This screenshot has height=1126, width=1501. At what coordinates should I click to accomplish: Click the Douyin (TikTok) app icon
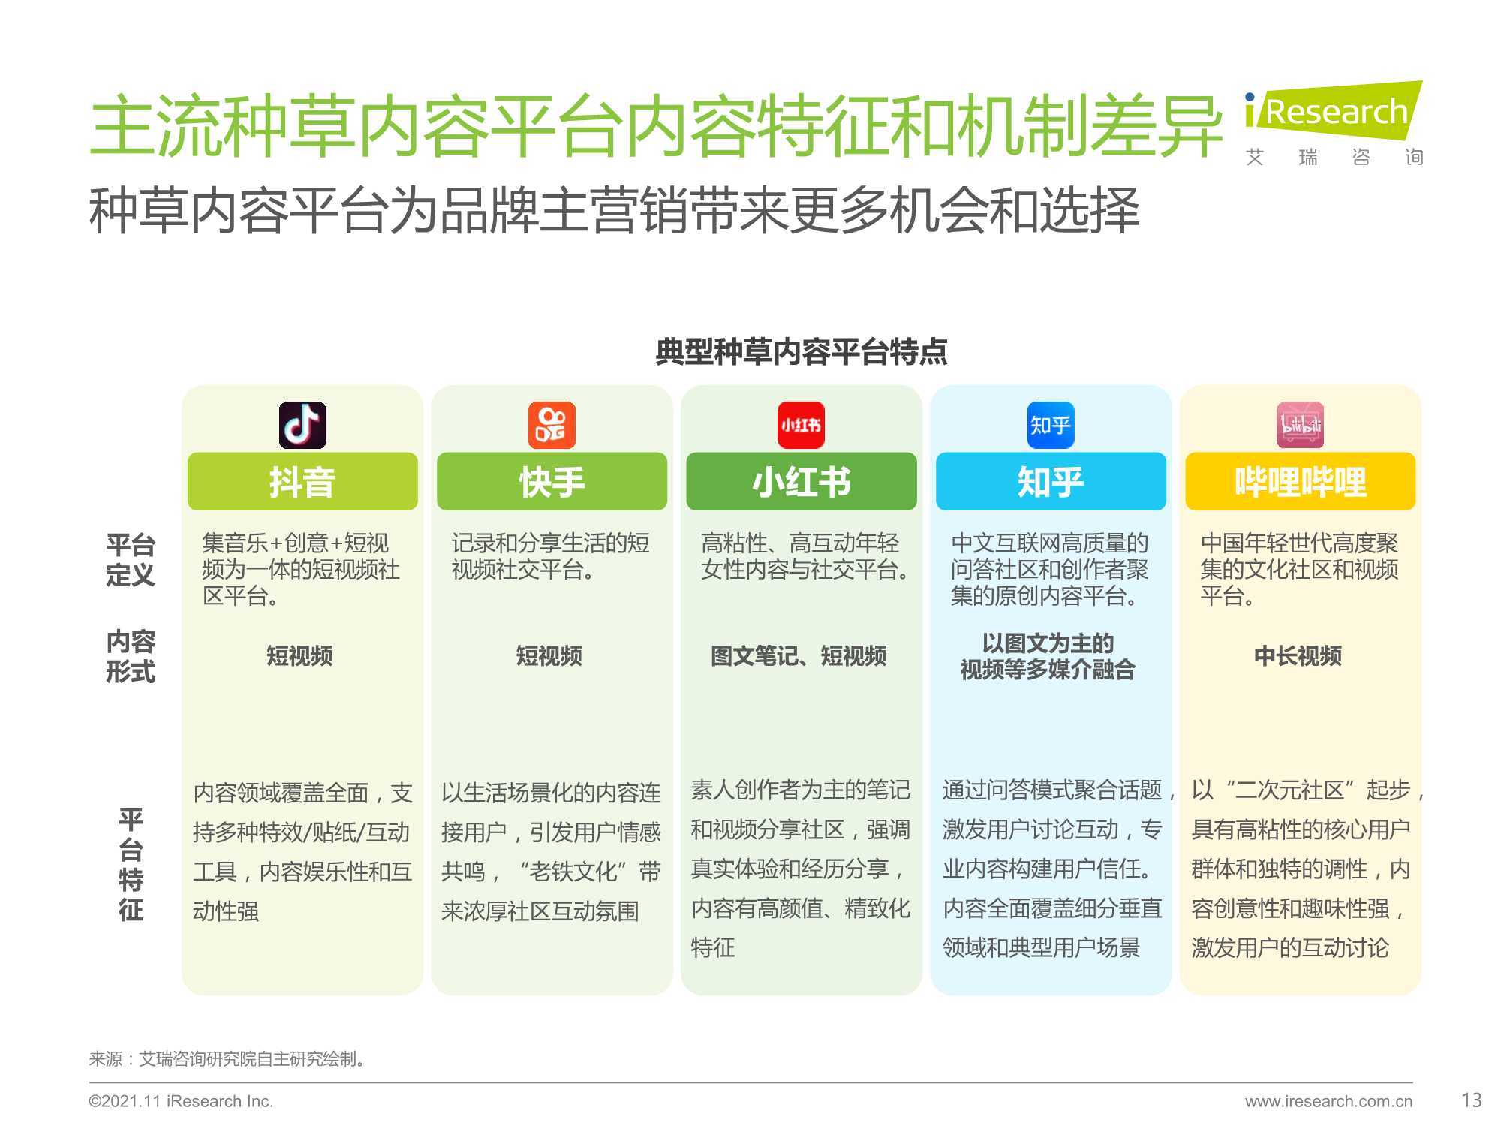[x=302, y=425]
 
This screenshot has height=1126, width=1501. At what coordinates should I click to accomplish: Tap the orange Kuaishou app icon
[x=552, y=425]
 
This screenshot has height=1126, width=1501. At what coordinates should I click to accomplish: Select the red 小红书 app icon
[x=801, y=425]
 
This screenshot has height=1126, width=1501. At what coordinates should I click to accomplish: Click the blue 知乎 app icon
[x=1050, y=425]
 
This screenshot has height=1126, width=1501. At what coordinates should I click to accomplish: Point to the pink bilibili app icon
[x=1301, y=425]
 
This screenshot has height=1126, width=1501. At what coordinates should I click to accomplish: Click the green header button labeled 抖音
[x=302, y=481]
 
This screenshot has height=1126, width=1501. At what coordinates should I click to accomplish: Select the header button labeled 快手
[x=552, y=481]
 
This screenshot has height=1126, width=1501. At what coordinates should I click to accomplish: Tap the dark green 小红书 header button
[x=802, y=481]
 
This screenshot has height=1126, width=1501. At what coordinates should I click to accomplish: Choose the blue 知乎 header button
[x=1051, y=481]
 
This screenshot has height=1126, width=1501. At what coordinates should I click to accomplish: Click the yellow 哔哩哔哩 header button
[x=1301, y=481]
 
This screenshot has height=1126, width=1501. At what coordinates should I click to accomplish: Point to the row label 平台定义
[x=131, y=559]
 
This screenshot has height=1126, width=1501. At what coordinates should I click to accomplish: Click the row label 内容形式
[x=131, y=656]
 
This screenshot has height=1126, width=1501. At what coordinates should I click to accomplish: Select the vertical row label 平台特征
[x=131, y=865]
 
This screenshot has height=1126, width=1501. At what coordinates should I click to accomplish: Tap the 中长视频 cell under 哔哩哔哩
[x=1298, y=656]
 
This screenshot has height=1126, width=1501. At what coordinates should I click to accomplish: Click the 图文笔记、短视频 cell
[x=799, y=656]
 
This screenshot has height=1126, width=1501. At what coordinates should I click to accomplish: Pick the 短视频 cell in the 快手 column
[x=549, y=656]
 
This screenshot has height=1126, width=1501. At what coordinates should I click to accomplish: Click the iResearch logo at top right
[x=1334, y=124]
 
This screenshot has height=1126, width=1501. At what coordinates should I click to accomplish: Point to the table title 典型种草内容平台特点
[x=802, y=351]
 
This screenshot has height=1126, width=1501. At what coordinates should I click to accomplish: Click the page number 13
[x=1472, y=1100]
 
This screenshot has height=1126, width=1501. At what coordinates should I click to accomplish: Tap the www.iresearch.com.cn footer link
[x=1328, y=1101]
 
